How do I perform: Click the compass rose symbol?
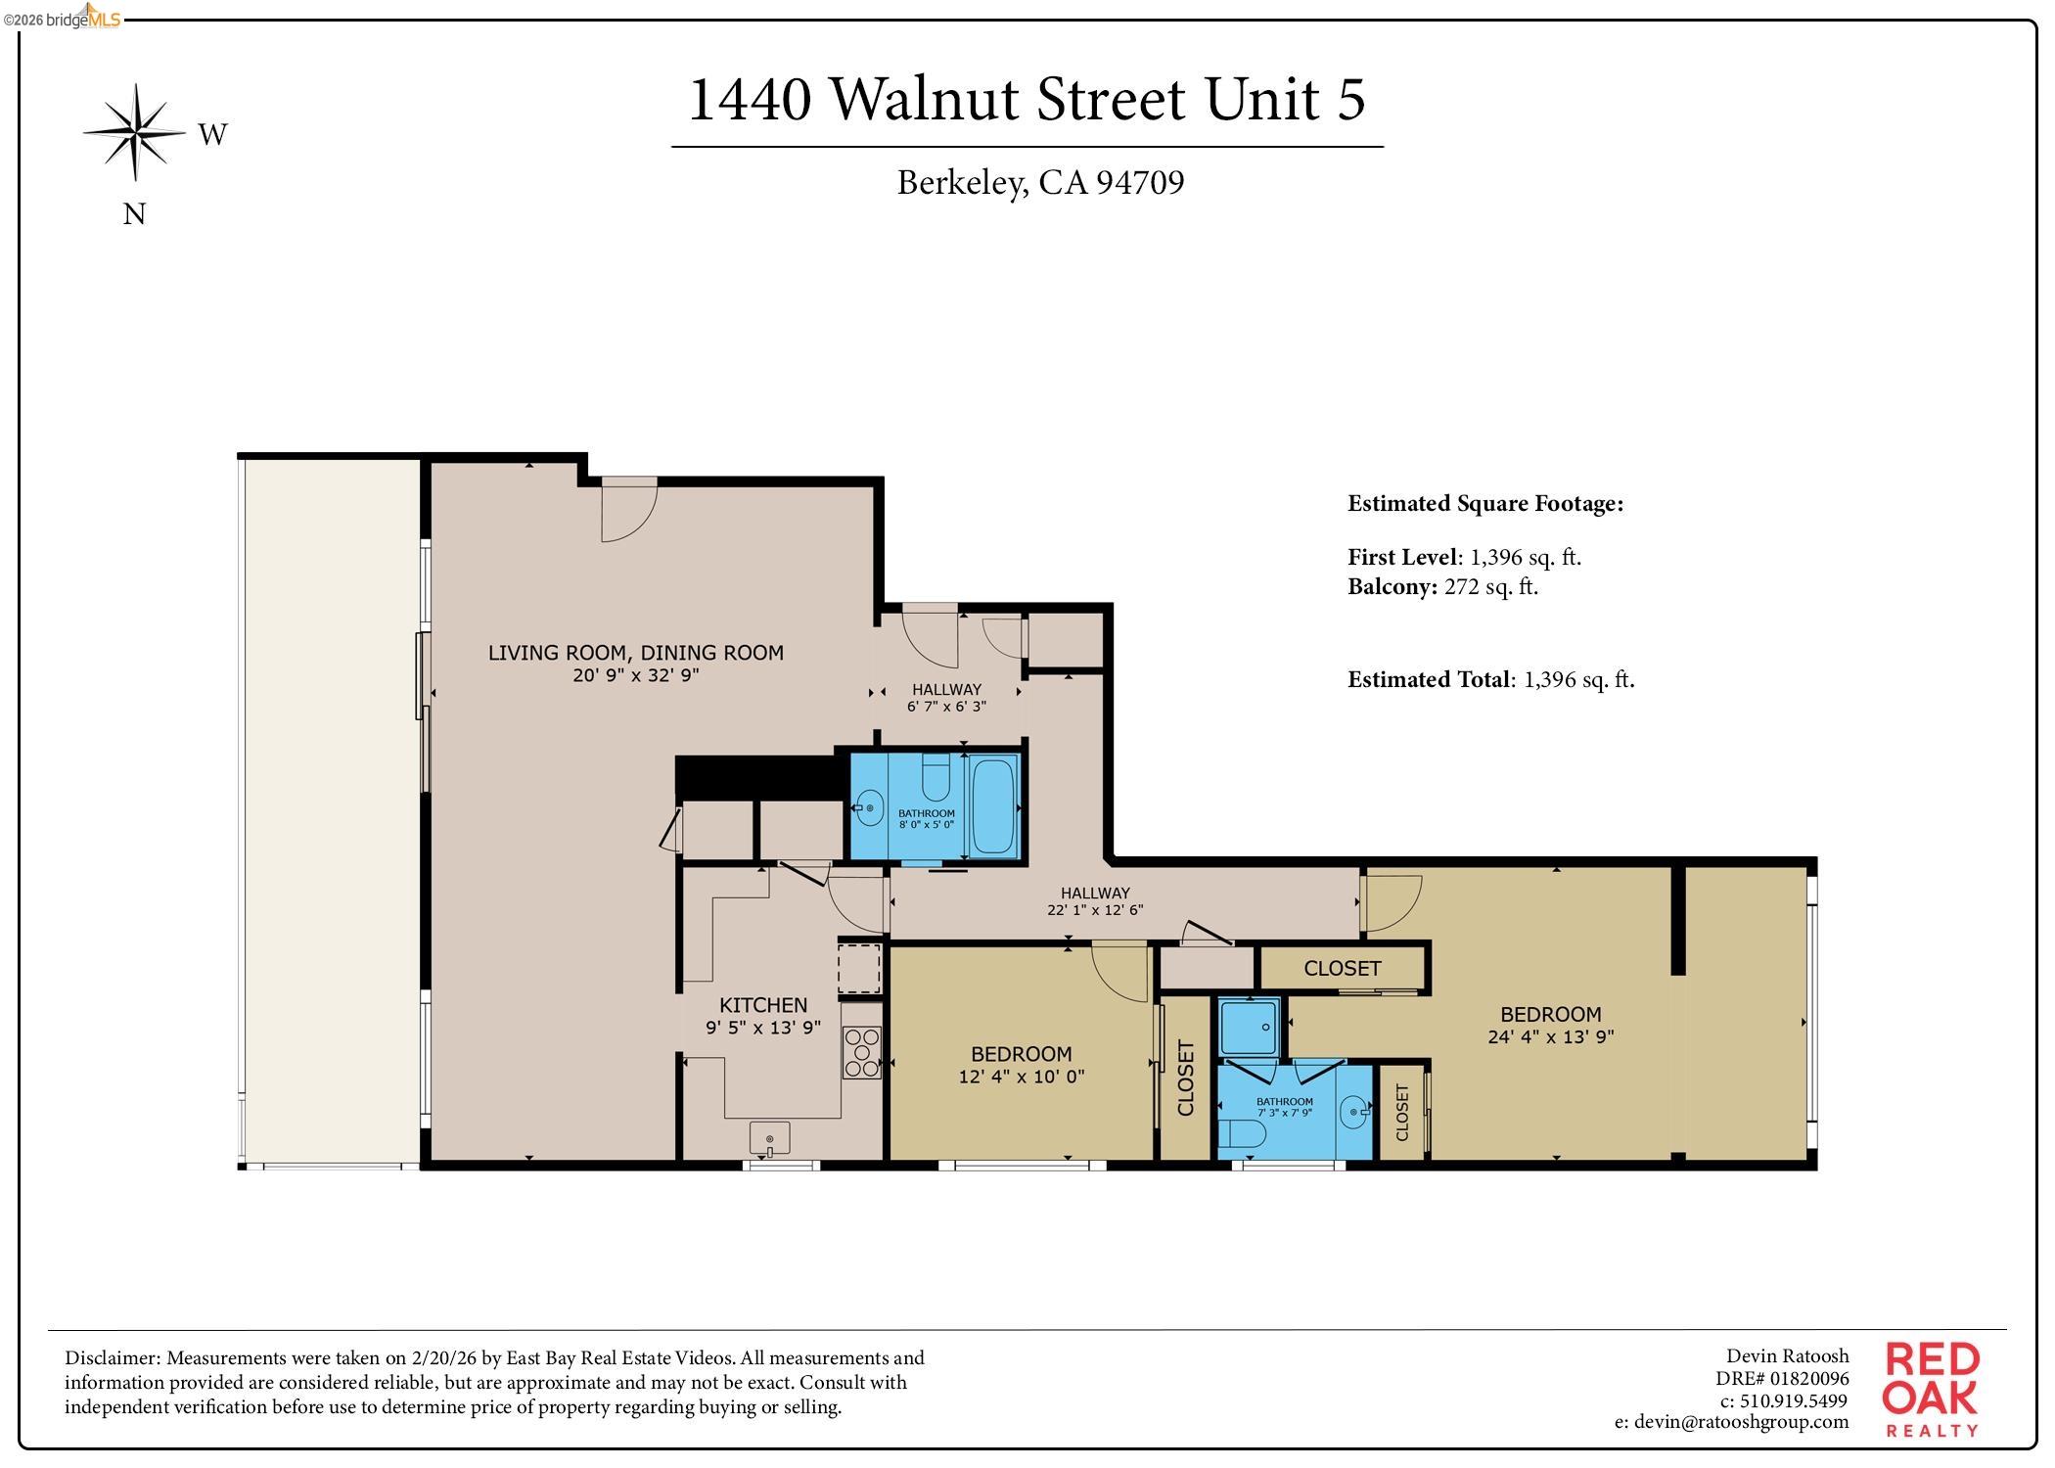135,132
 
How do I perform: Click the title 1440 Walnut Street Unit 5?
1027,99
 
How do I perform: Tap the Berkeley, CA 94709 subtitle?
1040,183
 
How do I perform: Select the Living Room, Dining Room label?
636,653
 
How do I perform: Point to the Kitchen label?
763,1005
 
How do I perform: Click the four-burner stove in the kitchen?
862,1053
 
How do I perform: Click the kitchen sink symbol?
769,1138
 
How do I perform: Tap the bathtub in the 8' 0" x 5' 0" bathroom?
994,806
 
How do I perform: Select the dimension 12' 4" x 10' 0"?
1022,1077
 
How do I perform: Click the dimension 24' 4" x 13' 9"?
1550,1036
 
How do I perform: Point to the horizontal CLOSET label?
1342,969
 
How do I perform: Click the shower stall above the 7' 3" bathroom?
1249,1027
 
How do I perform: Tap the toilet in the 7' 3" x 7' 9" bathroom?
1241,1135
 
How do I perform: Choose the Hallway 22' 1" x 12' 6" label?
1095,900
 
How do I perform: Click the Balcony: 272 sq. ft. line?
1442,587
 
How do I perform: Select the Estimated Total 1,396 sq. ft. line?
1490,679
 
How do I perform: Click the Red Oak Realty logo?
1931,1389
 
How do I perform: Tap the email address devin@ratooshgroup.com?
1731,1422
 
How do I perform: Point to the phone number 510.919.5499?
1793,1400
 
